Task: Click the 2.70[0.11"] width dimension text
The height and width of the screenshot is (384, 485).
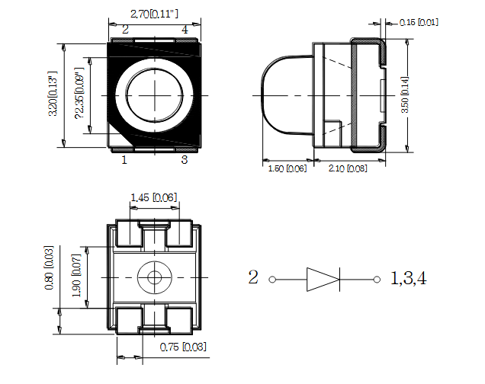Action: coord(154,14)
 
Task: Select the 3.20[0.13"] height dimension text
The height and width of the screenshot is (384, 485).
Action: coord(53,94)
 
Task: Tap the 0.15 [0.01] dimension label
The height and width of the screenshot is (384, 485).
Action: coord(419,22)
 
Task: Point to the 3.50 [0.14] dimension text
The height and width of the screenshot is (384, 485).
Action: coord(405,94)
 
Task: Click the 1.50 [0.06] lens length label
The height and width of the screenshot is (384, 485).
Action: coord(287,168)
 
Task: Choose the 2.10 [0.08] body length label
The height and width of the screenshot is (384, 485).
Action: coord(348,168)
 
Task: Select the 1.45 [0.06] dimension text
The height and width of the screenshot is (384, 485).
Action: coord(154,197)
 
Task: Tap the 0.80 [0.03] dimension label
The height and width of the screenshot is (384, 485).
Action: coord(49,267)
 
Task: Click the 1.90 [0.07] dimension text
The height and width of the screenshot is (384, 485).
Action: coord(76,276)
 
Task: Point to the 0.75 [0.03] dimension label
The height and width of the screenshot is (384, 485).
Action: coord(183,347)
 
